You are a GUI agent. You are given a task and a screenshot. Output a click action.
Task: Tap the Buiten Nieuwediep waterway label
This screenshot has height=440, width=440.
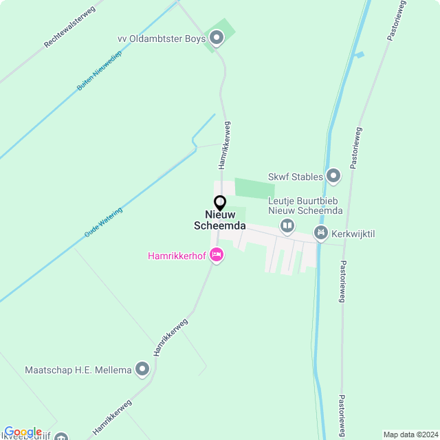[99, 71]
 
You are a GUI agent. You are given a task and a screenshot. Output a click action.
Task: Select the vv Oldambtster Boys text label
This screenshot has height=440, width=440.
[162, 38]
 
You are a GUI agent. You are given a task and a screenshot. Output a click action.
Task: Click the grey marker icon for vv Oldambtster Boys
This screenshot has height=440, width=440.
[217, 38]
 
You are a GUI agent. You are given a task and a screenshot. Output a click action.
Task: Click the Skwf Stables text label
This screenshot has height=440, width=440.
[297, 177]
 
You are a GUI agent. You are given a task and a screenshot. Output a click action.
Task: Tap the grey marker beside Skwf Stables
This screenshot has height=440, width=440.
[333, 177]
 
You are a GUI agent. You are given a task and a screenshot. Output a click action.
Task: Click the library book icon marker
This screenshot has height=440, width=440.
[287, 225]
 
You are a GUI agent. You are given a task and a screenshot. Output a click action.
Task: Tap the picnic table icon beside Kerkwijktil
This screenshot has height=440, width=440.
[320, 234]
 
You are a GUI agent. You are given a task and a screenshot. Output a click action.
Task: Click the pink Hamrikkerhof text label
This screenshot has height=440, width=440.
[176, 256]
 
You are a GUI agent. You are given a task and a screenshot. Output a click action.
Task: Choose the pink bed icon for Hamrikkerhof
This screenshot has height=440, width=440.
[217, 255]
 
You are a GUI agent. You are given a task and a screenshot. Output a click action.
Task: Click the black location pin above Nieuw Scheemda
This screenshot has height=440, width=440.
[220, 203]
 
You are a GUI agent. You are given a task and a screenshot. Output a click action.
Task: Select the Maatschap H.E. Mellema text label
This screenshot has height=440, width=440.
[78, 370]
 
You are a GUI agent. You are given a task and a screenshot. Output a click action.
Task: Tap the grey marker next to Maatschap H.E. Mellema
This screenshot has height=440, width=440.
[142, 370]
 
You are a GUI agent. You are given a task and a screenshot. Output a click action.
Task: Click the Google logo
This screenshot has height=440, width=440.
[23, 432]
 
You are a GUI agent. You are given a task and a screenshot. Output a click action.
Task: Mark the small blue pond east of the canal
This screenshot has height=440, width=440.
[359, 55]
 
